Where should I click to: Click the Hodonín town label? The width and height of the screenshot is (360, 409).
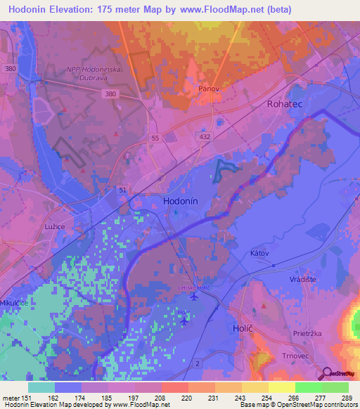pos(184,200)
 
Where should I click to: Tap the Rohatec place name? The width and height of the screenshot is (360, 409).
pos(285,103)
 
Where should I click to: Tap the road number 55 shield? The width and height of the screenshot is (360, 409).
pos(155,139)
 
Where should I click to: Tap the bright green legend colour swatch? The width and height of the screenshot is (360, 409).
pos(308,387)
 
